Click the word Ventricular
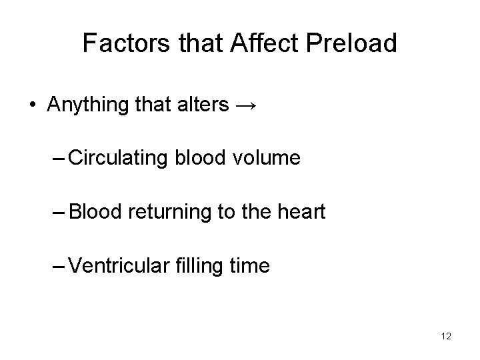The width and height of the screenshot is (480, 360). [x=114, y=267]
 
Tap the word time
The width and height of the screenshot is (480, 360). [x=250, y=267]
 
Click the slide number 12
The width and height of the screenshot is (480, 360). [x=446, y=336]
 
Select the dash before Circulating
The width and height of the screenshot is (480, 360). [x=58, y=159]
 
